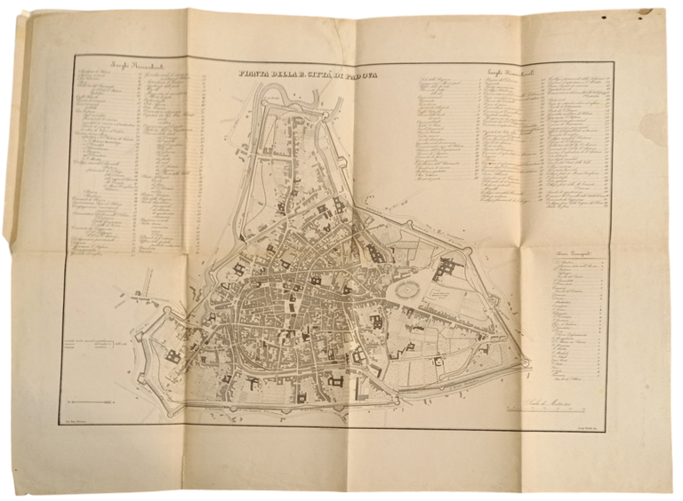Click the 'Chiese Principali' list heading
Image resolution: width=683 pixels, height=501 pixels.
coord(569,257)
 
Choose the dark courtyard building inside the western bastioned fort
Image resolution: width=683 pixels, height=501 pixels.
coord(171,356)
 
